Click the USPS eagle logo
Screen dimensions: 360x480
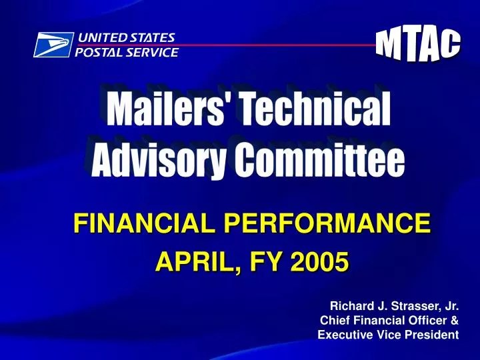pyautogui.click(x=53, y=45)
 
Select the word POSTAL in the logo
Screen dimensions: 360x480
pyautogui.click(x=97, y=52)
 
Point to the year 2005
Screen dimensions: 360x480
pyautogui.click(x=322, y=262)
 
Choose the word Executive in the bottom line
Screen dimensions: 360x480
pyautogui.click(x=345, y=335)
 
